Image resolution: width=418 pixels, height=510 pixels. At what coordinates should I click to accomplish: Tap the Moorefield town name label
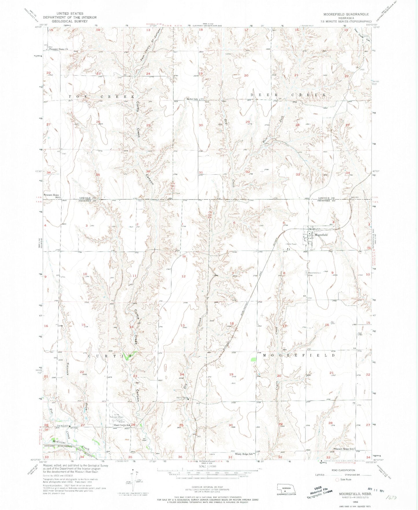(321, 235)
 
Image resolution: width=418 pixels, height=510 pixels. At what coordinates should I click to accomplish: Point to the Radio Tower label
(291, 244)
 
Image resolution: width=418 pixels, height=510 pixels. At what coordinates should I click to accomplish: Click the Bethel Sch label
(192, 99)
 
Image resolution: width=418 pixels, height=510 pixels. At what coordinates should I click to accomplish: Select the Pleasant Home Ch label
(58, 49)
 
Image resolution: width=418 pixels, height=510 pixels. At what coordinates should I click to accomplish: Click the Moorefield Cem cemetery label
(314, 273)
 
